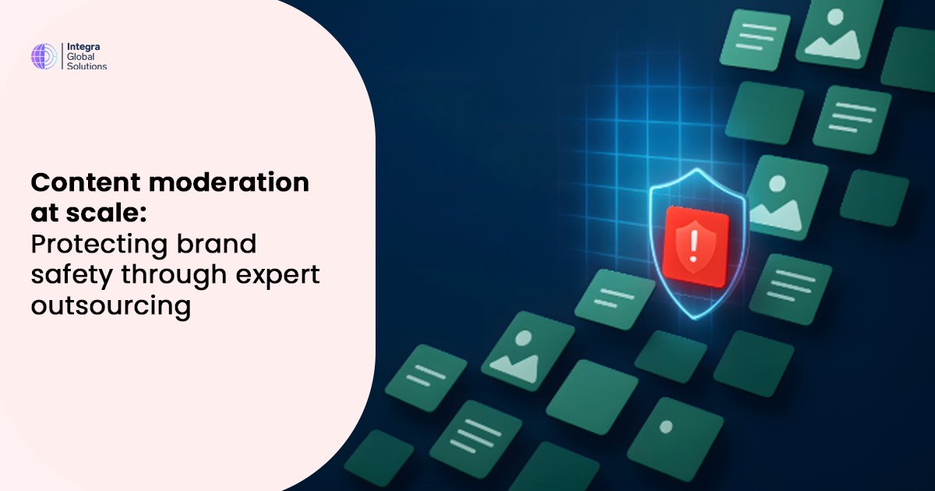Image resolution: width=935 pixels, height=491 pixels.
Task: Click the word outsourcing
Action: pos(111,306)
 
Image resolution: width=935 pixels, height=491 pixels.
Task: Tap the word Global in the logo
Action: pos(81,57)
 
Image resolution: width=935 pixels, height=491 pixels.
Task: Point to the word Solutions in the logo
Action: pos(86,67)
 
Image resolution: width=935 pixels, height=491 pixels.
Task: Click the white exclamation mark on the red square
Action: pos(689,245)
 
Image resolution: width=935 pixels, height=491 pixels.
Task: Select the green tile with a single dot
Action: pos(665,428)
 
